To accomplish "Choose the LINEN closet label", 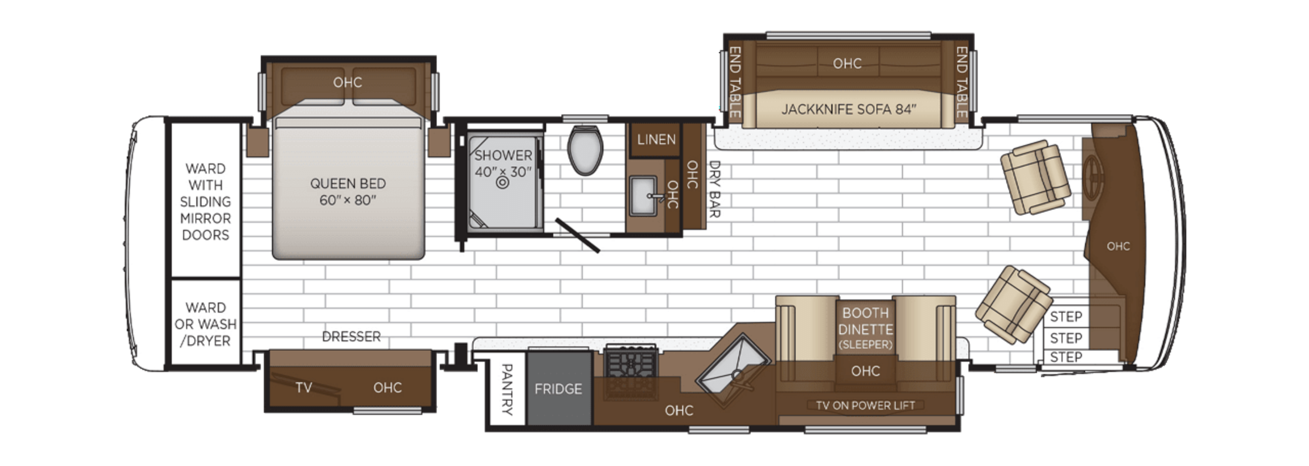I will [656, 140].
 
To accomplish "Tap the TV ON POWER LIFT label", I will [865, 406].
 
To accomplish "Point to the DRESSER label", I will [351, 336].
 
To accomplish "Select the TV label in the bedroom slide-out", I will [303, 388].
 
